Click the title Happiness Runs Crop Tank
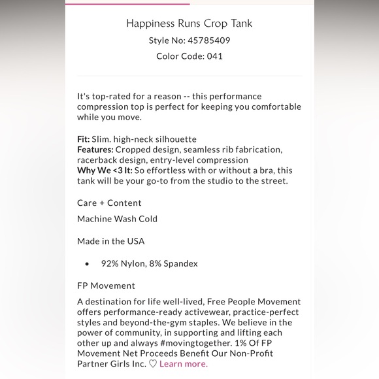coord(189,24)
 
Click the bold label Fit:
coord(84,139)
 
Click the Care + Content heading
coord(109,203)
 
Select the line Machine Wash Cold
coord(117,219)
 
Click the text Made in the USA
coord(110,241)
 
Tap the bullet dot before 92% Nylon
coord(87,264)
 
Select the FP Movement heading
coord(106,286)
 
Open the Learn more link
coord(183,364)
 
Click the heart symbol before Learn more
coord(153,364)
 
